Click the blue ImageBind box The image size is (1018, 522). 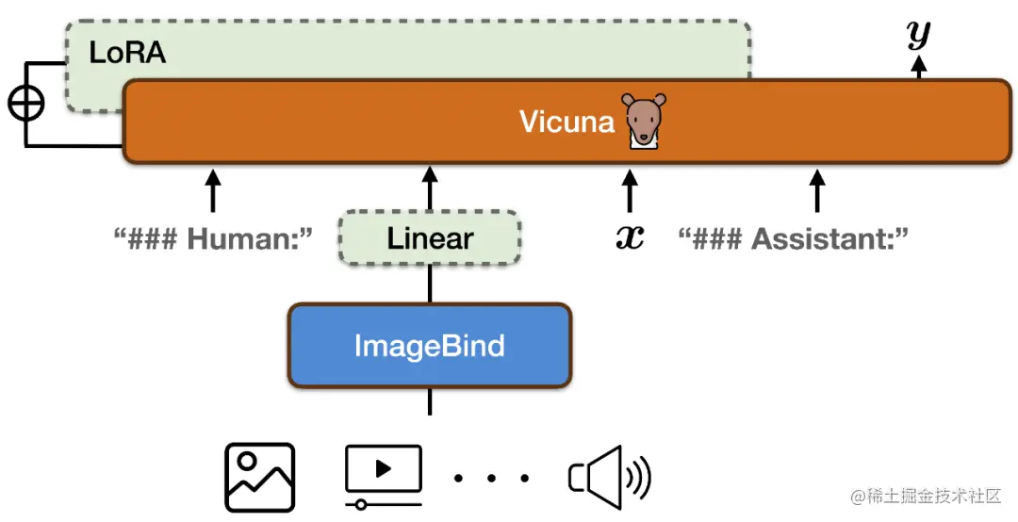coord(430,346)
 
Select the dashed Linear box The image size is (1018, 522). coord(430,237)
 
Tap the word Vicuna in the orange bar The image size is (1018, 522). coord(566,122)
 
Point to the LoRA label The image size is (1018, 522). coord(127,54)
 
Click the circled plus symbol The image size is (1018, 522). coord(25,104)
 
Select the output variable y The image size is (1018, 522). coord(918,34)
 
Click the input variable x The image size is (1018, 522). coord(630,237)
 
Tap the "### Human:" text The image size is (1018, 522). coord(213,237)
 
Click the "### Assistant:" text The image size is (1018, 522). coord(794,237)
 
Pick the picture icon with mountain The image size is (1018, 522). coord(259,478)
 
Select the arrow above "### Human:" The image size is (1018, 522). coord(213,189)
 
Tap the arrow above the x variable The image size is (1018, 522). coord(630,189)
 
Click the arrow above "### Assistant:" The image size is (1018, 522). coord(817,189)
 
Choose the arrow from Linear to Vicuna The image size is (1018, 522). coord(430,188)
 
